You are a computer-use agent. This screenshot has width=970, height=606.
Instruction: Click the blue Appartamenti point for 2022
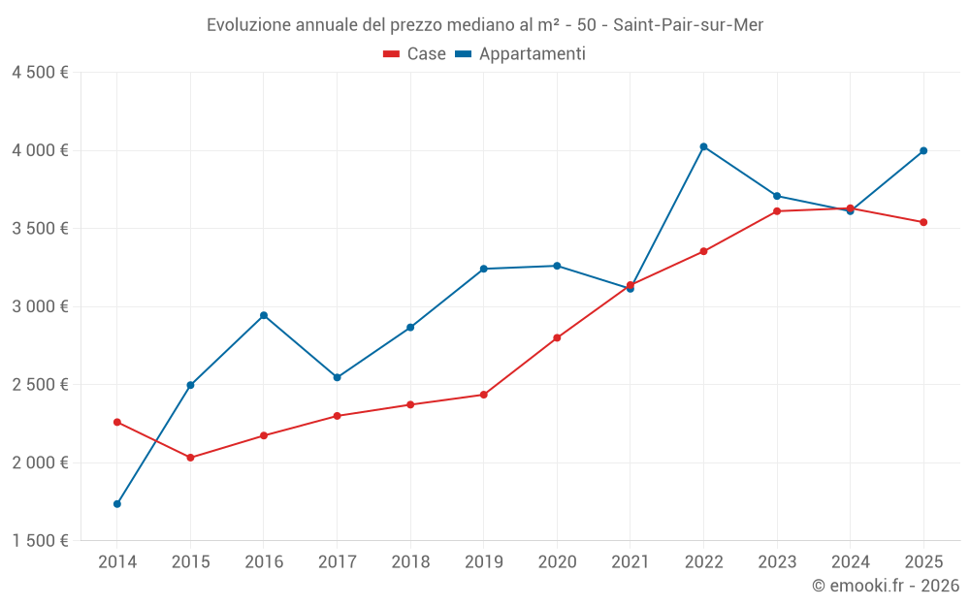[703, 146]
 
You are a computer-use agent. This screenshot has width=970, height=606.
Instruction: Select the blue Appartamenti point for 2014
[117, 504]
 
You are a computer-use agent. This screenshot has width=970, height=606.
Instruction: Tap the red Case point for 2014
[117, 422]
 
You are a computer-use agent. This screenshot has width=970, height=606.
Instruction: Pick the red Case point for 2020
[557, 337]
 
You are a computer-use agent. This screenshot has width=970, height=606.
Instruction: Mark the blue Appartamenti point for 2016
[264, 315]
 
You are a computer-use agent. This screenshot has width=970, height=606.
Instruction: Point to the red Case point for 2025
[923, 222]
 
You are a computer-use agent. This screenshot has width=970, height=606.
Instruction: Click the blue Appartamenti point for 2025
[923, 150]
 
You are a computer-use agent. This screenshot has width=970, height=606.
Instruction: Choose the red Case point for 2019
[483, 395]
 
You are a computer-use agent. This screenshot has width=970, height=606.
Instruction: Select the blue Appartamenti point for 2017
[337, 377]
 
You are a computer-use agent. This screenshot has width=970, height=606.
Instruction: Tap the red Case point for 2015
[190, 458]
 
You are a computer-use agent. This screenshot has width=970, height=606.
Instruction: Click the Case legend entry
[415, 54]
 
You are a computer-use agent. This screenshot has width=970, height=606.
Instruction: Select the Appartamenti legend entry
[521, 54]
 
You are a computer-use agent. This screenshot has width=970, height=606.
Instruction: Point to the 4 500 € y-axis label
[41, 73]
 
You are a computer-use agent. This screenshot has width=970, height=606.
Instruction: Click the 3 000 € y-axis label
[41, 306]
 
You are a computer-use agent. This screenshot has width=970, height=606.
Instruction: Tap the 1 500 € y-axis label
[41, 541]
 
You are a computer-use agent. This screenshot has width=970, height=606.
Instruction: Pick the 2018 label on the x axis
[410, 561]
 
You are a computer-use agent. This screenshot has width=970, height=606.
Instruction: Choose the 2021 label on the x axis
[630, 561]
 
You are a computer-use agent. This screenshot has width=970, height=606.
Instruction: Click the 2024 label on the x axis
[850, 561]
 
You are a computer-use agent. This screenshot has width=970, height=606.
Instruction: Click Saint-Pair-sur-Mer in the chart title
[689, 25]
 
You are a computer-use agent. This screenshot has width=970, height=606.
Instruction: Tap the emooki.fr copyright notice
[886, 586]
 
